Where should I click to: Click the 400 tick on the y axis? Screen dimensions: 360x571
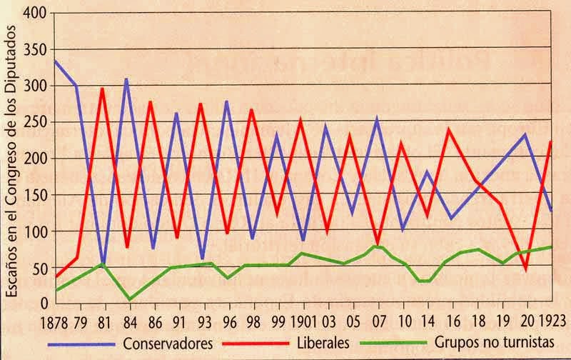point(36,14)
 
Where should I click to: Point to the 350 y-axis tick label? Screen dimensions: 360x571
point(36,50)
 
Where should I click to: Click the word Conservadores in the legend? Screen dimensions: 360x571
point(168,344)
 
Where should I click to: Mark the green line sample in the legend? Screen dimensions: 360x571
point(383,344)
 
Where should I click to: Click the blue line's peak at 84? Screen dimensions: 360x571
point(126,79)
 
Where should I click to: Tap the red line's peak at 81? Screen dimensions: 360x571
point(102,89)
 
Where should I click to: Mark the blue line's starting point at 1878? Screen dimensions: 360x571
point(54,60)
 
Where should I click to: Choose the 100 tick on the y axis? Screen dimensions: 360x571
point(36,231)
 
